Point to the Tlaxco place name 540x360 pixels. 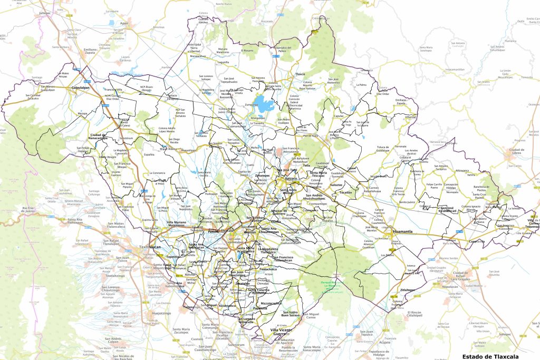[x=300, y=74]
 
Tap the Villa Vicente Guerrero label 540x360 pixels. [x=279, y=332]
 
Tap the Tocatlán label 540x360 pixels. [x=345, y=193]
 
